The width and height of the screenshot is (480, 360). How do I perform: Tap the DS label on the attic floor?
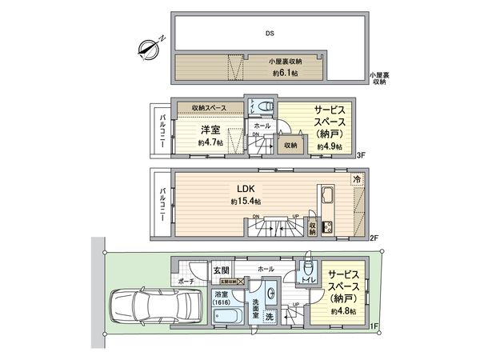(269, 34)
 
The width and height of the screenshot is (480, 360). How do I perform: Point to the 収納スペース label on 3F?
(209, 108)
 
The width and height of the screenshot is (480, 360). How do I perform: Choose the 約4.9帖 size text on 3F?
(329, 147)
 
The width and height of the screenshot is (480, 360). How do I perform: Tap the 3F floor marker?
(361, 155)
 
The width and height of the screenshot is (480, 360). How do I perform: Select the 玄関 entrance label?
(222, 271)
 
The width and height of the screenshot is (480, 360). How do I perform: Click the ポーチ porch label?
(186, 282)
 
